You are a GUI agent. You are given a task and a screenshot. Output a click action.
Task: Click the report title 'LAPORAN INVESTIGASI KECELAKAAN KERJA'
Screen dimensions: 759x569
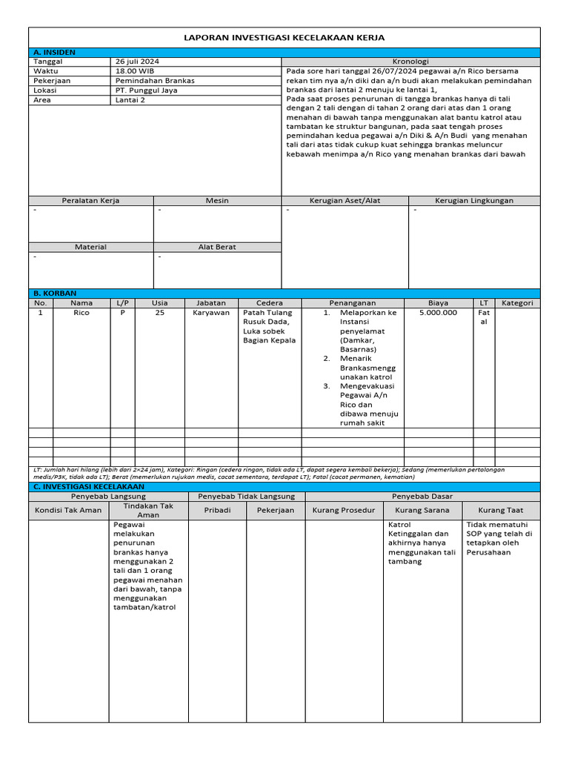(284, 38)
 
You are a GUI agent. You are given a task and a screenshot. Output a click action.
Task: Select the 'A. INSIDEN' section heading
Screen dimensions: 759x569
(55, 53)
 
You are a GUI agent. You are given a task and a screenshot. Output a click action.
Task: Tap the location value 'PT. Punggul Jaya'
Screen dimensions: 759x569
(146, 90)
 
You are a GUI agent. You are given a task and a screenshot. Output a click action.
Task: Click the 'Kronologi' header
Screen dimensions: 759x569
(410, 62)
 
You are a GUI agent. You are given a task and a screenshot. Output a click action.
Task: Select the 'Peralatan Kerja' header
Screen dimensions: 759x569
(91, 201)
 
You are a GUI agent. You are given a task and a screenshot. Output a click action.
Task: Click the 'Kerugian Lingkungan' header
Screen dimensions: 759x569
(474, 201)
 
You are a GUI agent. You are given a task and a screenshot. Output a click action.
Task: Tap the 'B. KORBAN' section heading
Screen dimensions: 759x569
(56, 294)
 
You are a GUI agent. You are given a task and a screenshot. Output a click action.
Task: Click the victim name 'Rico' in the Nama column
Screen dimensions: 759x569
(81, 313)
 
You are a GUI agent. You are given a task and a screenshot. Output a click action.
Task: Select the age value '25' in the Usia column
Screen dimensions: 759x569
(160, 313)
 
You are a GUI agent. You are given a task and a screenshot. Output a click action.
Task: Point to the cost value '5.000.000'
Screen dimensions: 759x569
(438, 313)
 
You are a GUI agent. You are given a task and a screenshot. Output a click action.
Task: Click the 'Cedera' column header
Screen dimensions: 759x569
(270, 303)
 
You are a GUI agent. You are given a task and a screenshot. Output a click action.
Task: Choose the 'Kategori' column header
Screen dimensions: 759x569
(517, 303)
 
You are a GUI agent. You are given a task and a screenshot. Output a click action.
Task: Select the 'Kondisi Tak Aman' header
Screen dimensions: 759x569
(69, 510)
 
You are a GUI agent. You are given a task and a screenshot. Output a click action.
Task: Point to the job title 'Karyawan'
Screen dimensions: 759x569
(211, 313)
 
